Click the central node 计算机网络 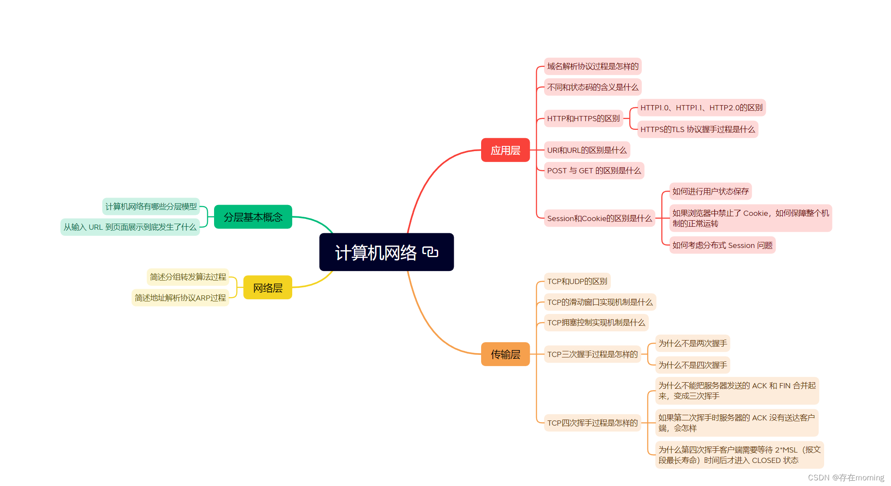[376, 252]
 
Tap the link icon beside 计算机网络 [430, 252]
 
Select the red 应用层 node [505, 150]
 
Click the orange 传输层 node [505, 354]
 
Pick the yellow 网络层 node [267, 288]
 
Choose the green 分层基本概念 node [253, 217]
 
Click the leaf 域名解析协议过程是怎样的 [592, 66]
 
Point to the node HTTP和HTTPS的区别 [583, 119]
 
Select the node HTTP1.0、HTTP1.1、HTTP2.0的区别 [701, 108]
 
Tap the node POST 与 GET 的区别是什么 [594, 171]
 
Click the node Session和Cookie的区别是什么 [599, 218]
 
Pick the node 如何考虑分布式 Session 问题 [722, 245]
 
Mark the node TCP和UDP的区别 [577, 281]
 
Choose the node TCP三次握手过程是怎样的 [592, 354]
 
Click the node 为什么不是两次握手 [692, 344]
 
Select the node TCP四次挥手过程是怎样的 [592, 423]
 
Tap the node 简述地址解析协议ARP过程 [180, 298]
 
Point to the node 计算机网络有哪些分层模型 [151, 207]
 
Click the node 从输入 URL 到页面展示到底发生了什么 [130, 227]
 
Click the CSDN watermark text [845, 478]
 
